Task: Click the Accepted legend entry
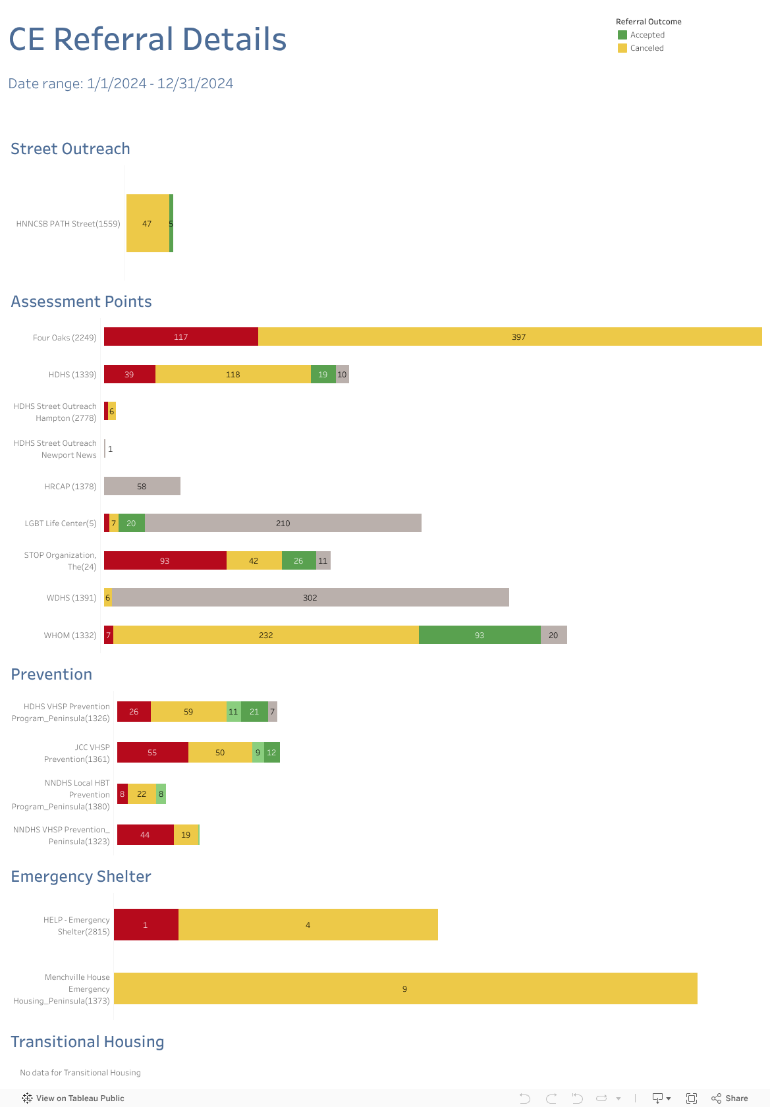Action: click(x=647, y=35)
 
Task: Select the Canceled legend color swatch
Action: click(x=622, y=48)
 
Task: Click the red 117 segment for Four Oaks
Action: click(x=181, y=337)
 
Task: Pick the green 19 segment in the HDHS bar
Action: click(x=323, y=374)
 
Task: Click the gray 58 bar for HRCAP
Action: click(x=142, y=486)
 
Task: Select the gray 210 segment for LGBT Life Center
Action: click(x=283, y=523)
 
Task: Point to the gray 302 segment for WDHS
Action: click(x=310, y=597)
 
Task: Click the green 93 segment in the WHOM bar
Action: click(x=480, y=635)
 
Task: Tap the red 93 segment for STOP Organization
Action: click(x=165, y=560)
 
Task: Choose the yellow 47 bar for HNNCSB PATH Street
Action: click(x=148, y=223)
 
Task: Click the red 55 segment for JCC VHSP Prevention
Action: click(x=152, y=752)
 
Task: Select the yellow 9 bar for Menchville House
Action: click(x=405, y=988)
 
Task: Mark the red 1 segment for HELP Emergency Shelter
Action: click(x=146, y=925)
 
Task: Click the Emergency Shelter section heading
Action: click(x=81, y=877)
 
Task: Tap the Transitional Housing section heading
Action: click(x=88, y=1042)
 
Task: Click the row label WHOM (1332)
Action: click(x=70, y=635)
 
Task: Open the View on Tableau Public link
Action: click(x=74, y=1098)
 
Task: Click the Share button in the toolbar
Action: click(x=730, y=1098)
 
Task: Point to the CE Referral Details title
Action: click(x=148, y=40)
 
